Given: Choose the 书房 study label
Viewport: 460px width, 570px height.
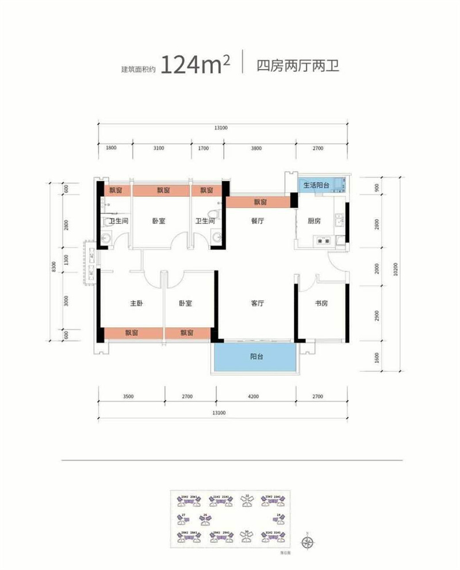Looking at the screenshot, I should tap(321, 303).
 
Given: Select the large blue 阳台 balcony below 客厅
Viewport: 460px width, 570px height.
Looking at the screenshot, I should tap(255, 357).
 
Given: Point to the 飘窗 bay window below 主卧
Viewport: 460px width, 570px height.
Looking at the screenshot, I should tap(133, 333).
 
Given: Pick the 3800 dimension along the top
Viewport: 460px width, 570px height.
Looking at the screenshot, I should tap(256, 148).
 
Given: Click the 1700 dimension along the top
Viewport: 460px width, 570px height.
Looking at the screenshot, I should tap(202, 148).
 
